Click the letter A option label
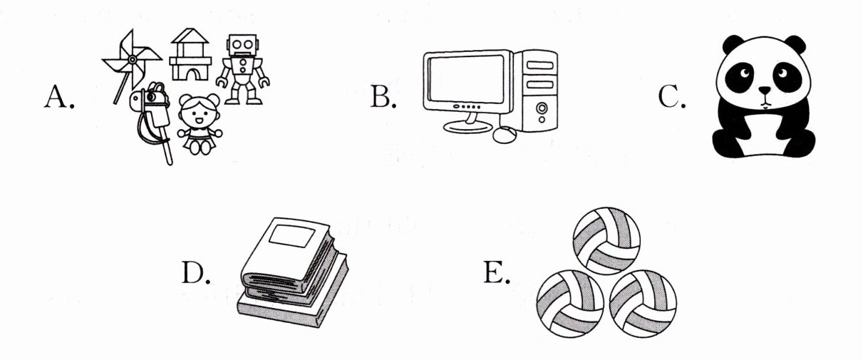click(59, 96)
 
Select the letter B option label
click(383, 96)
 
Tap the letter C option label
click(672, 96)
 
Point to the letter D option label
click(196, 272)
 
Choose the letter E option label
click(497, 272)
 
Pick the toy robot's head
click(242, 46)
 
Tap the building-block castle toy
click(190, 54)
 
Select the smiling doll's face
click(199, 112)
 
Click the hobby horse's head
click(150, 98)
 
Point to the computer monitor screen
click(466, 79)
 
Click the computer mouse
click(505, 135)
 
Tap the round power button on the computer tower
click(542, 108)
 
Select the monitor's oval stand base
click(467, 126)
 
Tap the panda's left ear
click(733, 44)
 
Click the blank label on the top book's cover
click(292, 236)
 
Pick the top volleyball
click(606, 241)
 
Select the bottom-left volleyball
click(570, 304)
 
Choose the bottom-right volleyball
click(643, 304)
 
